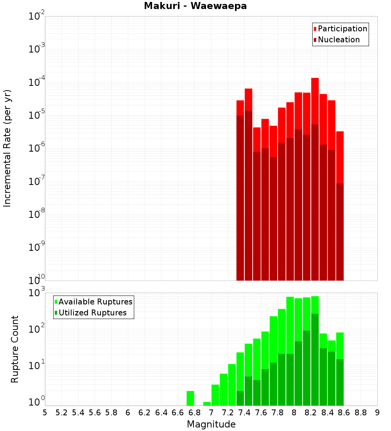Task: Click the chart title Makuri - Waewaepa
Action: tap(195, 6)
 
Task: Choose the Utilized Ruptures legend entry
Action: tap(92, 313)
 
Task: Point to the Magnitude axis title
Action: tap(211, 424)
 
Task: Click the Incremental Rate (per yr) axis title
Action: tap(7, 148)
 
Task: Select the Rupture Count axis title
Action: tap(15, 349)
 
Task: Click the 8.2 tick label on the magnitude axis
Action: tap(311, 413)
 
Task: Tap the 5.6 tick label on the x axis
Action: tap(95, 413)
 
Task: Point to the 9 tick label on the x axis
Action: tap(377, 413)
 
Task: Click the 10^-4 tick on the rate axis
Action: tap(37, 82)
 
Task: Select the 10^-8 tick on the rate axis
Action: tap(37, 214)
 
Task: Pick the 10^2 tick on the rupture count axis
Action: tap(37, 329)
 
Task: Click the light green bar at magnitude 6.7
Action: tap(190, 398)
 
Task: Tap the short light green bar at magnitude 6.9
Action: tap(207, 404)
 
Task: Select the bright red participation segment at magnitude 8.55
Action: tap(340, 157)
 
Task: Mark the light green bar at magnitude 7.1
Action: tap(224, 389)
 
